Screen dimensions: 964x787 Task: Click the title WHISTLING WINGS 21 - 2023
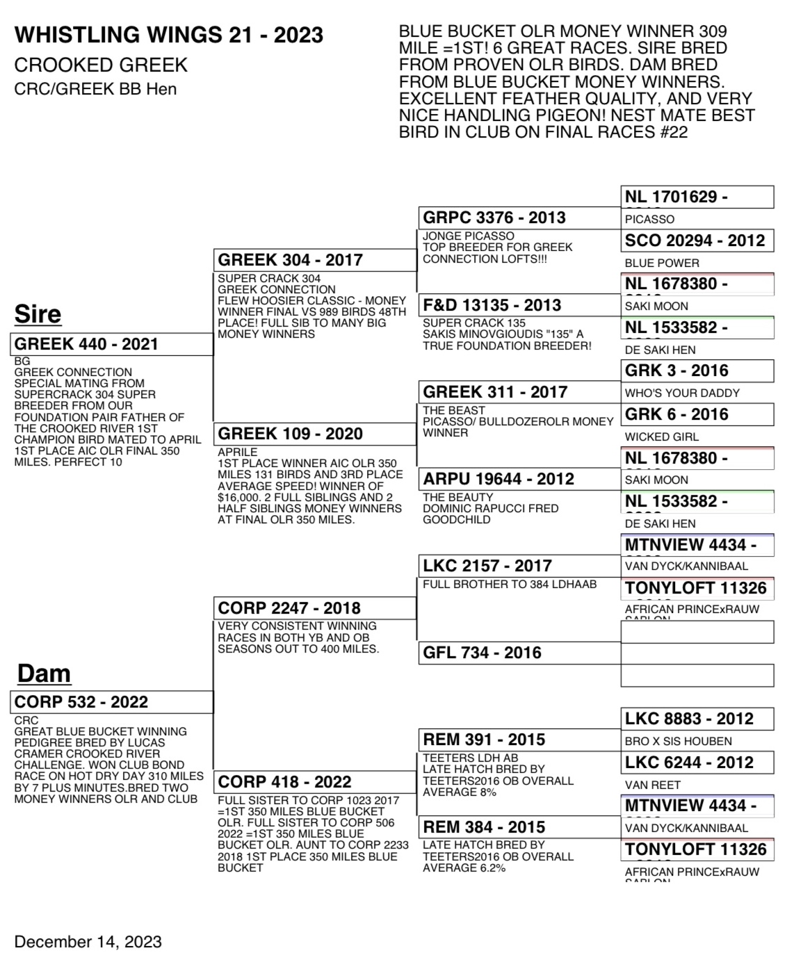169,35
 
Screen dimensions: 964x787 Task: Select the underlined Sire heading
38,314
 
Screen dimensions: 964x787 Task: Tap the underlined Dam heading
44,673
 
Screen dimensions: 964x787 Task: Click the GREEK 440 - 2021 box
111,344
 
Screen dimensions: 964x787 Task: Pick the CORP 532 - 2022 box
111,702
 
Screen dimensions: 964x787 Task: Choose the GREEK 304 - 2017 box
314,260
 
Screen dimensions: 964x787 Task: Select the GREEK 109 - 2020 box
314,434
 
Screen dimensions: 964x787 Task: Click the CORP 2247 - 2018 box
314,608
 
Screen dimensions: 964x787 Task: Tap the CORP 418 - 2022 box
314,782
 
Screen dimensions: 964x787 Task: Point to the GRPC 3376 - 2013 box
519,218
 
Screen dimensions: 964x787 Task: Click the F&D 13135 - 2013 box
519,305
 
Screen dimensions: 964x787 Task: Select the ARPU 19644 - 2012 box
519,479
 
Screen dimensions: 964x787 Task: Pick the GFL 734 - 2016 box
519,653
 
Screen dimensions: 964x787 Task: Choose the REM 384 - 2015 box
519,827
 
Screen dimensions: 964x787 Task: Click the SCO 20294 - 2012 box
697,240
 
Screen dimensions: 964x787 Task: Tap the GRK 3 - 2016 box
697,370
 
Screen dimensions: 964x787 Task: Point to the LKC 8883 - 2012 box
697,719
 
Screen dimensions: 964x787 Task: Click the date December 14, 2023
88,942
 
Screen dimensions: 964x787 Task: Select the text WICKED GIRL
661,436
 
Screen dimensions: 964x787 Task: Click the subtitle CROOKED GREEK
101,65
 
